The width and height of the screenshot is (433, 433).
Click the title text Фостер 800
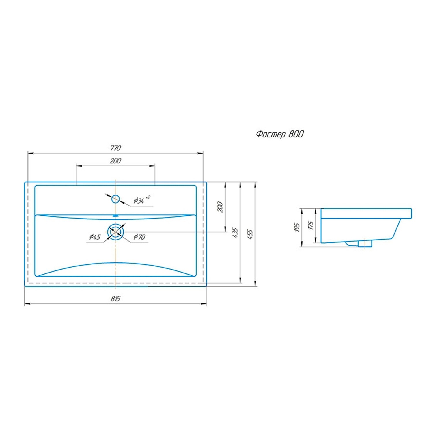280,134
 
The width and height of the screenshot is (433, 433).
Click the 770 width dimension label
115,148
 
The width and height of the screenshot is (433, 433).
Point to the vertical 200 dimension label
220,207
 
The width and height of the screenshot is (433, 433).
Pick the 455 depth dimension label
250,234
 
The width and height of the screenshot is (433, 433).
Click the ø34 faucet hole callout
142,200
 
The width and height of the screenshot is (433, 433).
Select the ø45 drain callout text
95,237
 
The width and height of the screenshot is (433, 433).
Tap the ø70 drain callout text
139,237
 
